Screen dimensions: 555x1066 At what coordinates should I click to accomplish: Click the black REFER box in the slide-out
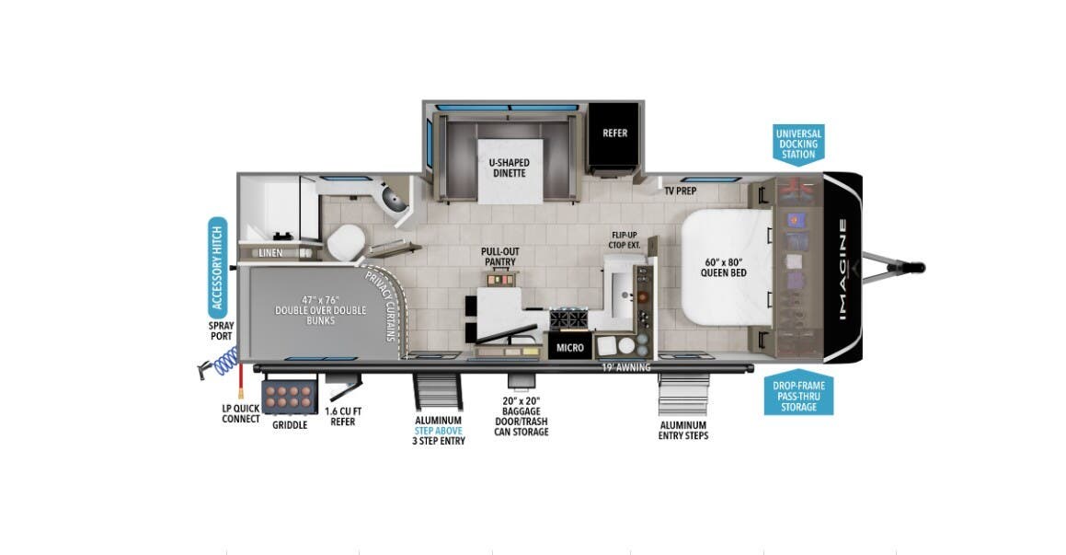pyautogui.click(x=614, y=133)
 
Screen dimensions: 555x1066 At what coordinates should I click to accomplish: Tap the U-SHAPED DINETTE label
pyautogui.click(x=509, y=168)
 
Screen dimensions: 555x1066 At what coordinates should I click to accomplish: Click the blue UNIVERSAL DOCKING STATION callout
pyautogui.click(x=798, y=144)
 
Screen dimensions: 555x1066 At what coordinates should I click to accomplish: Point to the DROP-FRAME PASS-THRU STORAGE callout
pyautogui.click(x=798, y=396)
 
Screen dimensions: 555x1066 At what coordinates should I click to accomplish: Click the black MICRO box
pyautogui.click(x=570, y=348)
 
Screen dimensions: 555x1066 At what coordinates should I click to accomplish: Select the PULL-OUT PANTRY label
pyautogui.click(x=498, y=257)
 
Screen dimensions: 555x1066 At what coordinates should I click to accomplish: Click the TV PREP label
pyautogui.click(x=680, y=191)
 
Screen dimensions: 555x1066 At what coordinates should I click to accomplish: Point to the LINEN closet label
pyautogui.click(x=270, y=252)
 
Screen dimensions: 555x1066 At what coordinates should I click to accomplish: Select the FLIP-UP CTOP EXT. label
pyautogui.click(x=625, y=240)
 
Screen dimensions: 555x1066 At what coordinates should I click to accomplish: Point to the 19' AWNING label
pyautogui.click(x=625, y=367)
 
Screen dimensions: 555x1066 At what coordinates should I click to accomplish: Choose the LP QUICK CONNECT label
pyautogui.click(x=241, y=413)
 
